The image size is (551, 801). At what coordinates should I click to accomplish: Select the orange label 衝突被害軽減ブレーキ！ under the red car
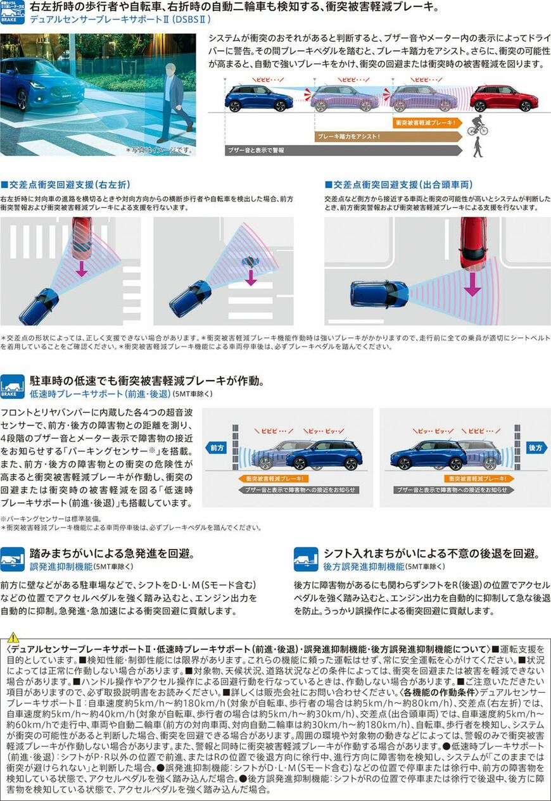pos(425,122)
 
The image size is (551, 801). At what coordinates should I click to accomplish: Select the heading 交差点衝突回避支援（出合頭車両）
pos(398,185)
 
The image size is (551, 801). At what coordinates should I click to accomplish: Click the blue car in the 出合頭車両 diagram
pos(379,293)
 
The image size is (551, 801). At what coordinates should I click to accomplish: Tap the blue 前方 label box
pos(217,448)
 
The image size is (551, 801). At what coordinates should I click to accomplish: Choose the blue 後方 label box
pos(536,448)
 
